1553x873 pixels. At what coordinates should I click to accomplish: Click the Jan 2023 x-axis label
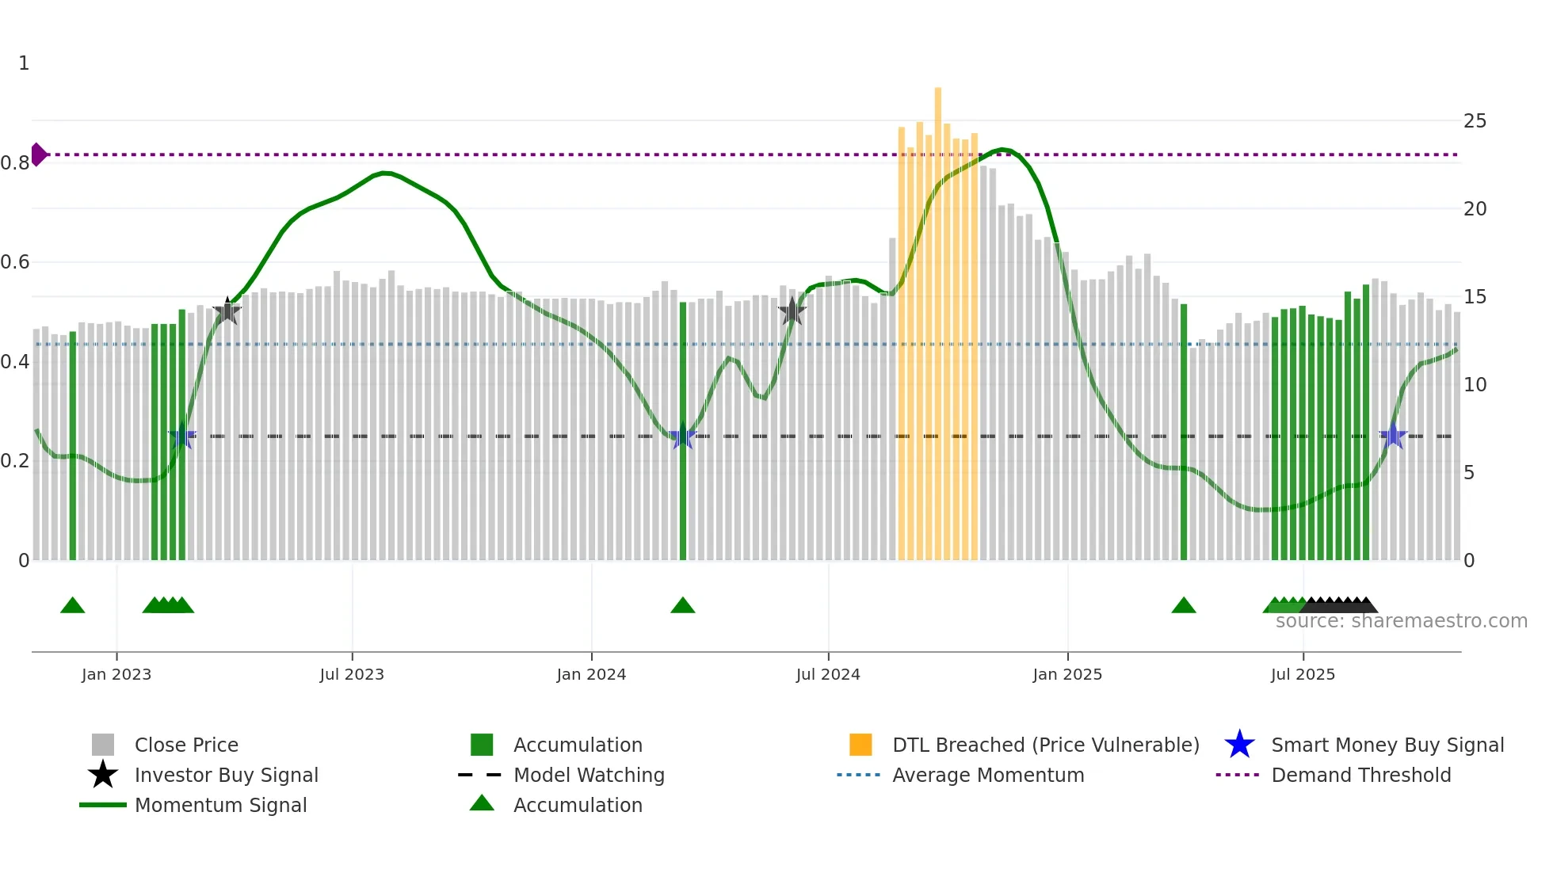pos(116,674)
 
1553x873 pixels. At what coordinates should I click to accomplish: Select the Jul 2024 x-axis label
pos(828,674)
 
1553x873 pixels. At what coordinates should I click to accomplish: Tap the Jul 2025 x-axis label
pos(1303,674)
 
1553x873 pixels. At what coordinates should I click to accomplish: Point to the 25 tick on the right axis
pos(1475,121)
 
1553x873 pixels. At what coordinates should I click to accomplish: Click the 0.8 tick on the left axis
pos(15,163)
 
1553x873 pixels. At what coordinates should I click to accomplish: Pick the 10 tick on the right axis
pos(1475,385)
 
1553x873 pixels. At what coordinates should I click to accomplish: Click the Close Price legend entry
pos(186,745)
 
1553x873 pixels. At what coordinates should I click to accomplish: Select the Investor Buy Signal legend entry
pos(226,775)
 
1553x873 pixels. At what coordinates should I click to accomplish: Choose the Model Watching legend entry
pos(589,775)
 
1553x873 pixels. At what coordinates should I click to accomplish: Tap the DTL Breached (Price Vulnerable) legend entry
pos(1045,745)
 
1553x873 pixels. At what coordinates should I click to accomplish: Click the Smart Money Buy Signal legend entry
pos(1387,745)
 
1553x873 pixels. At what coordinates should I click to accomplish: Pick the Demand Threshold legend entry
pos(1360,775)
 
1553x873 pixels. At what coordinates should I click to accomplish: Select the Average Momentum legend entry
pos(988,775)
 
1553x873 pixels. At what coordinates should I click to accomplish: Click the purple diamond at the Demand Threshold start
pos(38,154)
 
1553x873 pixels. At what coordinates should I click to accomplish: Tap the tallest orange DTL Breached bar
pos(938,317)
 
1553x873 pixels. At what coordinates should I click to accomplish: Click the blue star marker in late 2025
pos(1393,436)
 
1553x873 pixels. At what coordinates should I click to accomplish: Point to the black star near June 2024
pos(792,311)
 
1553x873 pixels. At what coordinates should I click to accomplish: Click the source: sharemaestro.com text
pos(1401,621)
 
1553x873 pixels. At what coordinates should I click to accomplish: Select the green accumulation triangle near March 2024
pos(683,606)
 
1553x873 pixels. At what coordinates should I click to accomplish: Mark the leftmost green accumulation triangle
pos(73,606)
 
